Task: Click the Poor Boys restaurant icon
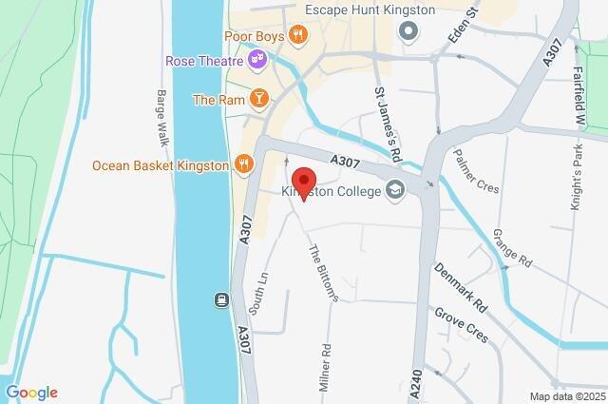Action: coord(298,35)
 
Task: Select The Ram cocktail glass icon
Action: coord(258,99)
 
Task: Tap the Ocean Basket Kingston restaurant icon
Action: coord(243,164)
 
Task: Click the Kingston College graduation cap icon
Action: coord(393,191)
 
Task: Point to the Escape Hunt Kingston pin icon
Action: coord(409,33)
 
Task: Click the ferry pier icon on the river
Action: coord(220,301)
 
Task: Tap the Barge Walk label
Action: coord(162,118)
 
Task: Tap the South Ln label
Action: coord(257,295)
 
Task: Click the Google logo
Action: coord(31,393)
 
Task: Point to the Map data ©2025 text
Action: coord(567,396)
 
